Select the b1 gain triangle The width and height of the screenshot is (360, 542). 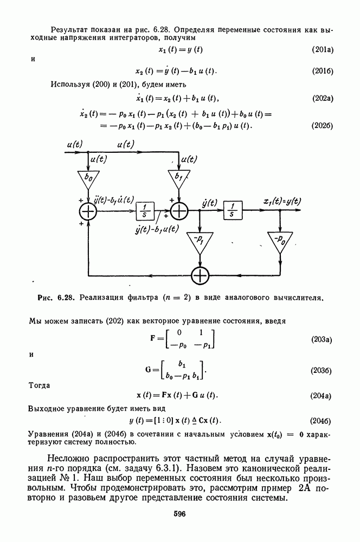point(178,178)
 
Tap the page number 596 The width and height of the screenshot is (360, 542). point(180,514)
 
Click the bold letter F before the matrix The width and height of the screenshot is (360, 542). point(153,338)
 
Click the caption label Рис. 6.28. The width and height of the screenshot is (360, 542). point(56,297)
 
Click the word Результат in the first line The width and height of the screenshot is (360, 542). point(70,29)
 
